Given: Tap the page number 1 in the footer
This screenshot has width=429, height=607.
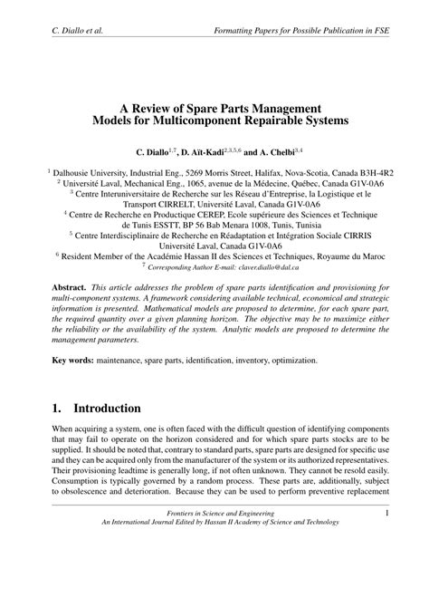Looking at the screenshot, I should coord(386,566).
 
